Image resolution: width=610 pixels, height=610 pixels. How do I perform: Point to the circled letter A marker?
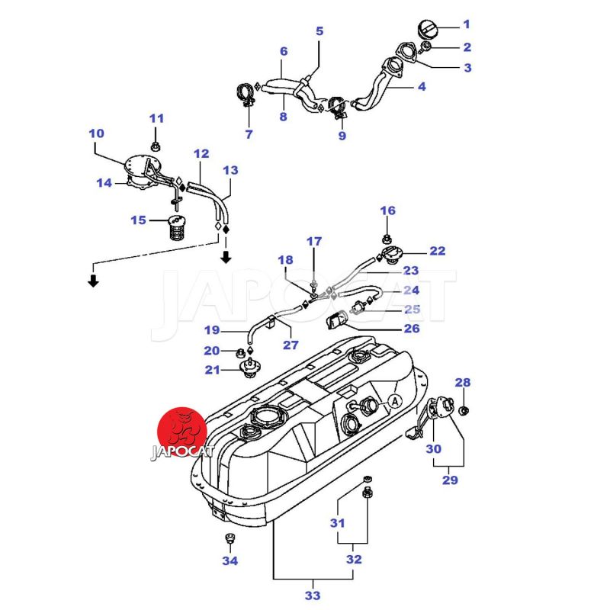click(x=395, y=400)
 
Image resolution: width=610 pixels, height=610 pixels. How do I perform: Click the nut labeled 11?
click(x=156, y=145)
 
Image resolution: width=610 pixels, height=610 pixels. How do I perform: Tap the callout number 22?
click(x=437, y=251)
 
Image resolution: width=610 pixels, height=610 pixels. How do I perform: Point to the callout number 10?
click(x=96, y=133)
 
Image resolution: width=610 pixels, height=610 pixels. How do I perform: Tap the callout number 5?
click(x=319, y=31)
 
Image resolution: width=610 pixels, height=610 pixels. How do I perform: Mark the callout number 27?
click(x=291, y=345)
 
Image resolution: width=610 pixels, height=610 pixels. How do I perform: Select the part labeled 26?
click(x=337, y=321)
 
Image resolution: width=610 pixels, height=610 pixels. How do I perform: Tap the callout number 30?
click(x=433, y=449)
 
